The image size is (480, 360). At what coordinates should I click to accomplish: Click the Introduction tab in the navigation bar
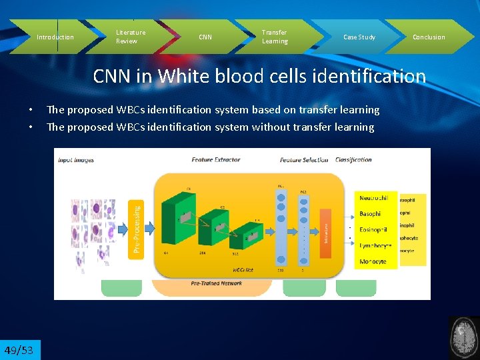click(x=55, y=37)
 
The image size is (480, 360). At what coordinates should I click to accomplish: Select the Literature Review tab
click(x=131, y=37)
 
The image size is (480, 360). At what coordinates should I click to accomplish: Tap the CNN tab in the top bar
click(x=205, y=37)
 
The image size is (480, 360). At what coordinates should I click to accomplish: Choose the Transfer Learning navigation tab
click(x=275, y=37)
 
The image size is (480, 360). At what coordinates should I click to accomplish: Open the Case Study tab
click(x=359, y=37)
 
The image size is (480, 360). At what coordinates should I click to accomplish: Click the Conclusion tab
click(x=429, y=37)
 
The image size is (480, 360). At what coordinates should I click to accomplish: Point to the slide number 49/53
click(x=20, y=350)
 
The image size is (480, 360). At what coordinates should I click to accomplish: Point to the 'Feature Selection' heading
click(x=304, y=159)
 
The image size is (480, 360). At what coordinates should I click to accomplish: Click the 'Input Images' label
click(x=76, y=159)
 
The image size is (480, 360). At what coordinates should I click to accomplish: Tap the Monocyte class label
click(x=373, y=261)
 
